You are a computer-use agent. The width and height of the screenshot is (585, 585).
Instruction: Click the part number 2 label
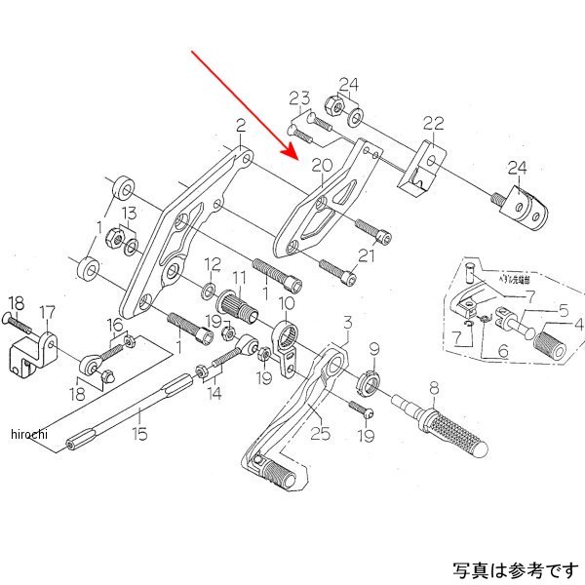(x=240, y=124)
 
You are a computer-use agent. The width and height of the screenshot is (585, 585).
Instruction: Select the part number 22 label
(x=433, y=123)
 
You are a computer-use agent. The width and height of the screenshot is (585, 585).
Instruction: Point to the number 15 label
(x=140, y=433)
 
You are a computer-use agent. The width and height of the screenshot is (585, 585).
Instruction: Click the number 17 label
(x=47, y=313)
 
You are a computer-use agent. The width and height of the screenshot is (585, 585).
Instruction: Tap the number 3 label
(x=346, y=323)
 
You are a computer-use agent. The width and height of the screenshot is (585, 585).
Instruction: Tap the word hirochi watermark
(x=29, y=433)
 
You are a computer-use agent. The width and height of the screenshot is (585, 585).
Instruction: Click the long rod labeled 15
(x=127, y=410)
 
